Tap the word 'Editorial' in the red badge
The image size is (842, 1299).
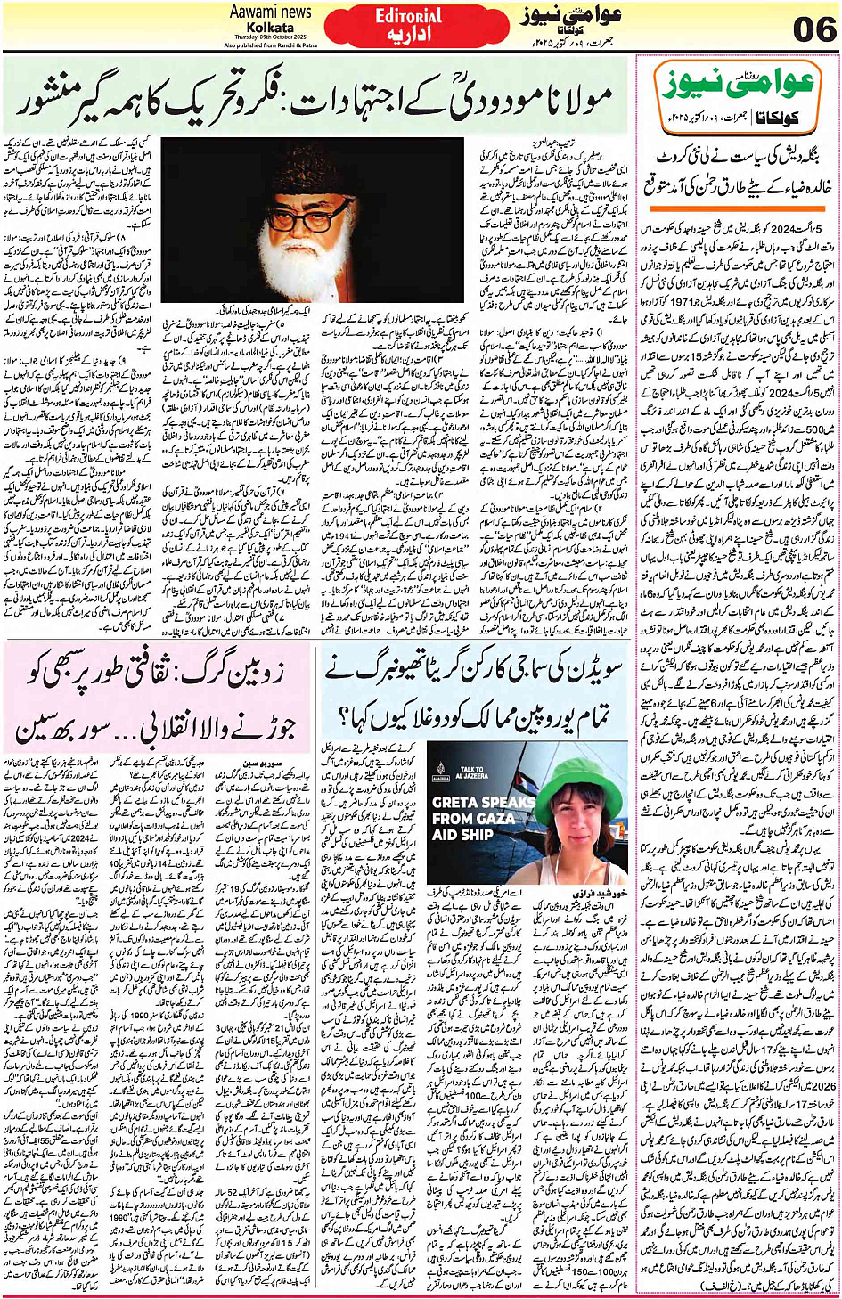[x=409, y=15]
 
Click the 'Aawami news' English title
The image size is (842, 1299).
[x=271, y=12]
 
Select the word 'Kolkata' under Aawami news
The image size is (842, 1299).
[x=271, y=28]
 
